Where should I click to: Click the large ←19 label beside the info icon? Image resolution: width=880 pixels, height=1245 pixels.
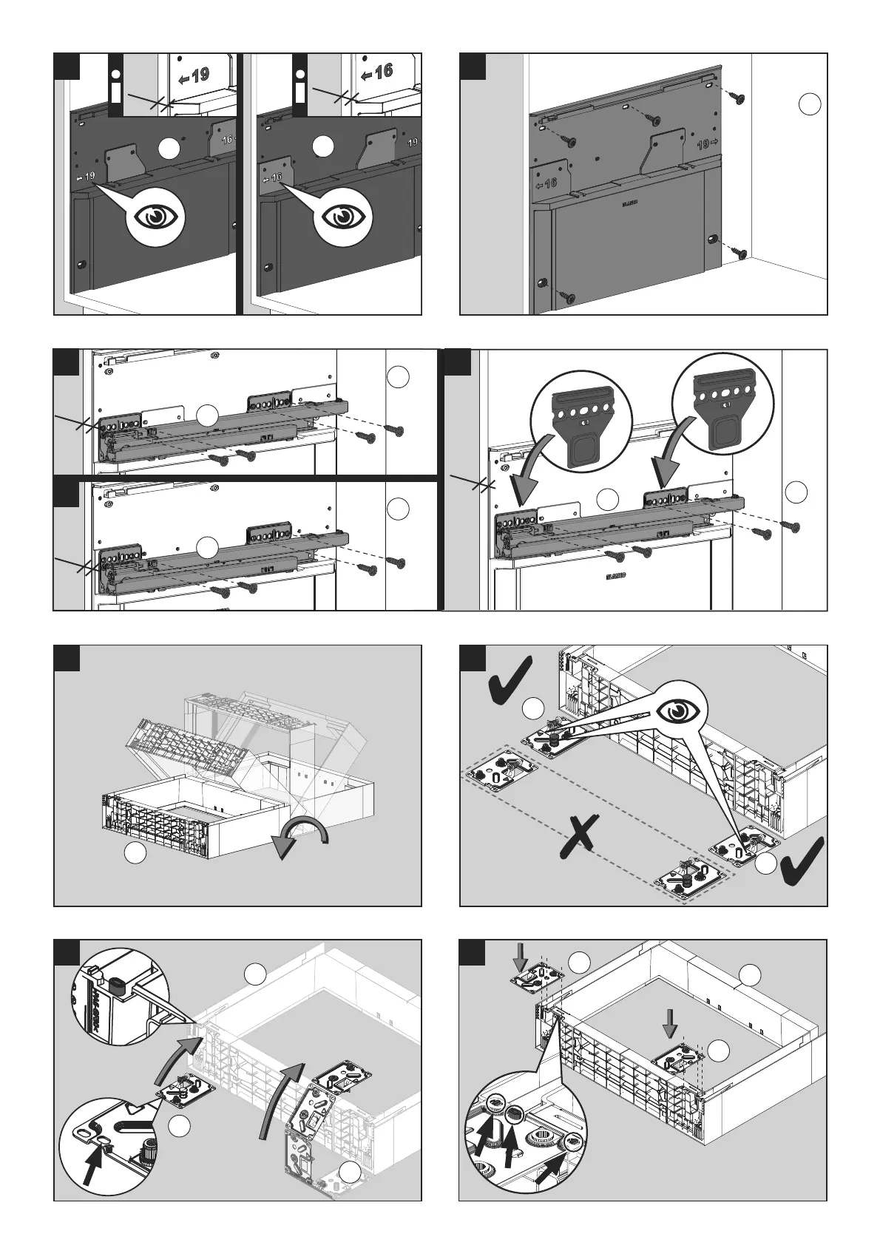tap(194, 76)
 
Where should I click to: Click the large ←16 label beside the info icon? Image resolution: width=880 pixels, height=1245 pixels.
tap(377, 73)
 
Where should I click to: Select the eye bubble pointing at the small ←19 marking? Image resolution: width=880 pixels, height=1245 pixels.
tap(156, 216)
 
